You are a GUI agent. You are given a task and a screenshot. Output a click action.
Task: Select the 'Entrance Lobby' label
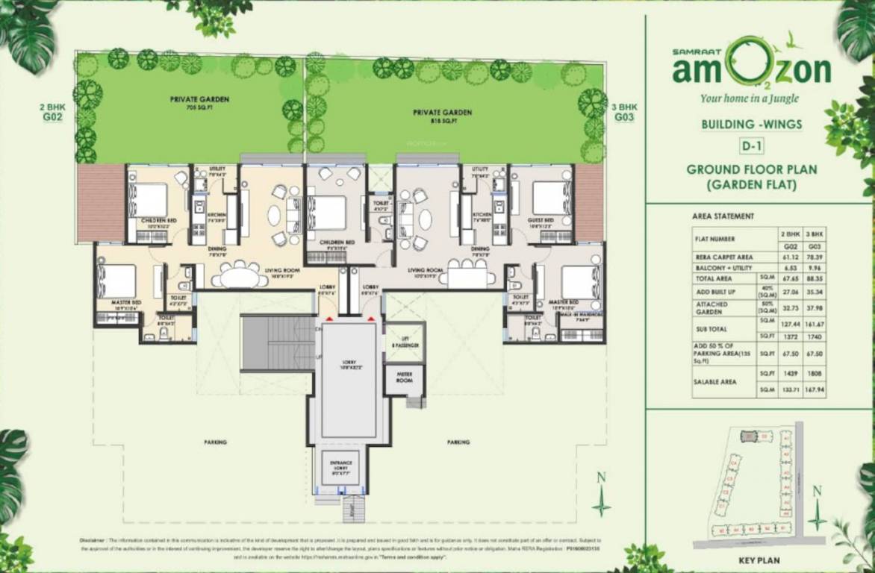tap(340, 466)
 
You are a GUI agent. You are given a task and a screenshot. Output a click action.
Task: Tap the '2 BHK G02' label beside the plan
tap(52, 112)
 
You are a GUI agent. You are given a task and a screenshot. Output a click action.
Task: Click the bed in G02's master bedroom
tap(119, 281)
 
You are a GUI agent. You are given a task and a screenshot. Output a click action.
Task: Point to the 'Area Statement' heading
tap(723, 216)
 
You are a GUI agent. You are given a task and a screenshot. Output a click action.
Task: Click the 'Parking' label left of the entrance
tap(215, 442)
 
